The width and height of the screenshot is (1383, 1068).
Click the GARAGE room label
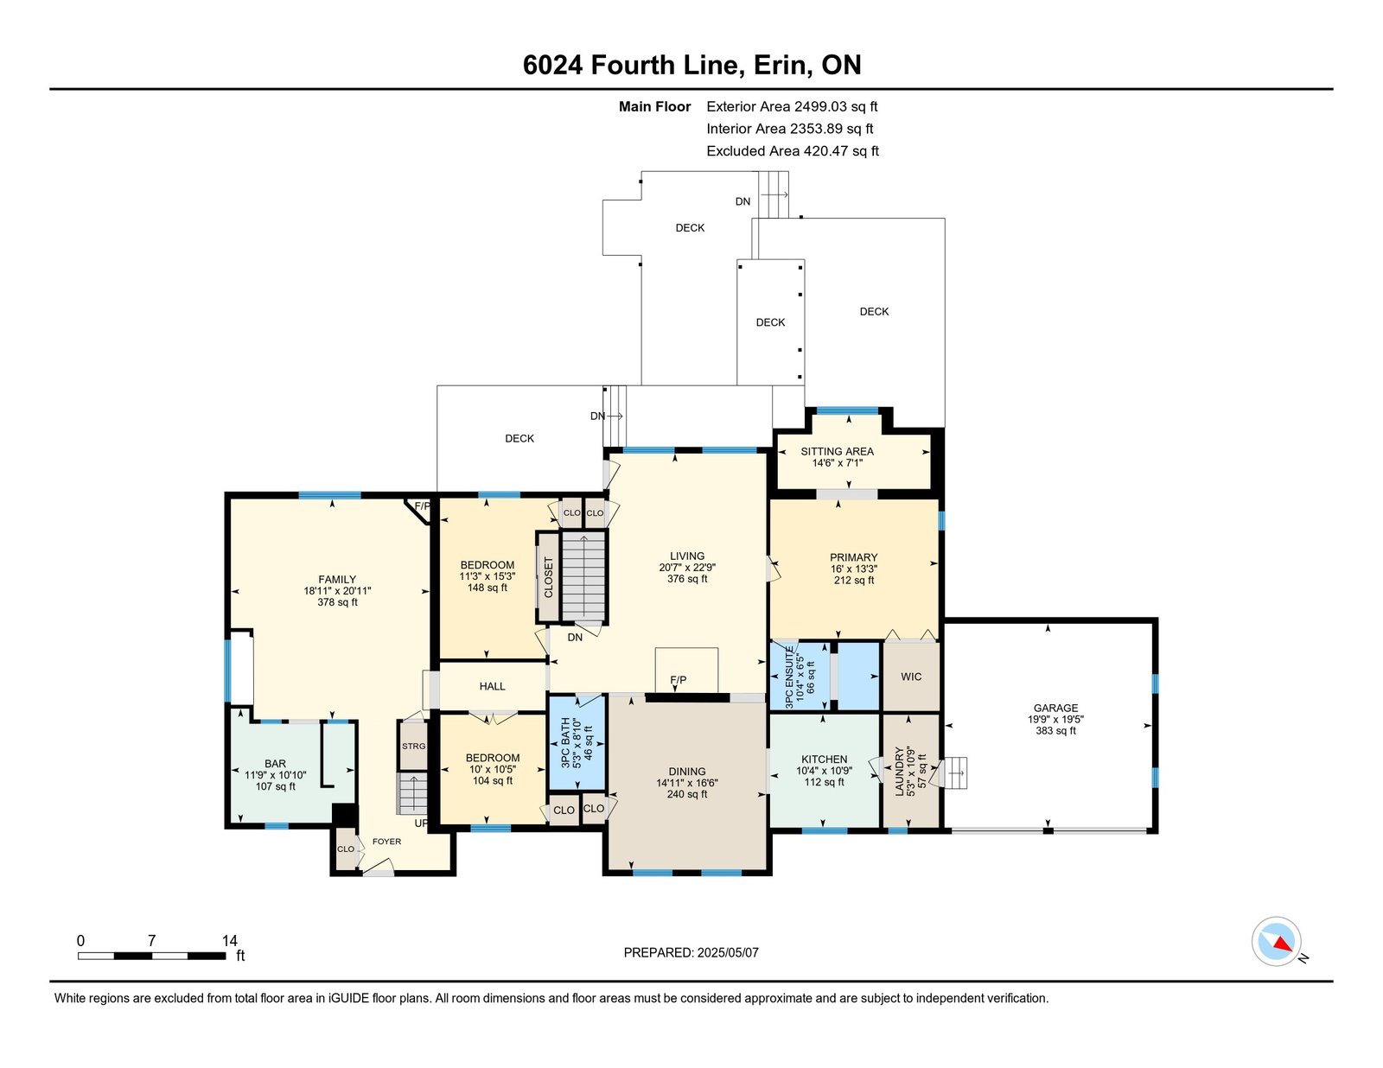pyautogui.click(x=1055, y=708)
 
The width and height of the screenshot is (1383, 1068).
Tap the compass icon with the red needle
pyautogui.click(x=1276, y=942)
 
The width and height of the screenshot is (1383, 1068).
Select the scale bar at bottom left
pyautogui.click(x=151, y=956)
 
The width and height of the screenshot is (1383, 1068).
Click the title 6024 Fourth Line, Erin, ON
pyautogui.click(x=691, y=65)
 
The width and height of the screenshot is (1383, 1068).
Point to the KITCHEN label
pyautogui.click(x=825, y=759)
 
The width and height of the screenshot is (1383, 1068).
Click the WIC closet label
pyautogui.click(x=911, y=677)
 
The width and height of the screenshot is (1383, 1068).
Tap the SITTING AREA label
pyautogui.click(x=837, y=451)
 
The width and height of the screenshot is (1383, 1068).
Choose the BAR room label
pyautogui.click(x=275, y=763)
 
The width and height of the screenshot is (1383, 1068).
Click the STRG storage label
pyautogui.click(x=414, y=747)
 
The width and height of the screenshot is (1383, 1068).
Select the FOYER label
pyautogui.click(x=386, y=841)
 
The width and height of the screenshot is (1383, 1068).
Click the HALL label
pyautogui.click(x=492, y=686)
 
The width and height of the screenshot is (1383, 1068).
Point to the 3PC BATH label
pyautogui.click(x=565, y=743)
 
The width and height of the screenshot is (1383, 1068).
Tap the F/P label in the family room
pyautogui.click(x=422, y=505)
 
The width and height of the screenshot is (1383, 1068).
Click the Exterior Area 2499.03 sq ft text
pyautogui.click(x=792, y=106)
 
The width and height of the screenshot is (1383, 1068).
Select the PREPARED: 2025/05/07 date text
pyautogui.click(x=691, y=952)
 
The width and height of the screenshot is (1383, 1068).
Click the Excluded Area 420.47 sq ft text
pyautogui.click(x=793, y=150)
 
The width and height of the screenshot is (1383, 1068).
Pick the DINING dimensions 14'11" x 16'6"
pyautogui.click(x=686, y=782)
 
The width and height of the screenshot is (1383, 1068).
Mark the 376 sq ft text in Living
pyautogui.click(x=686, y=578)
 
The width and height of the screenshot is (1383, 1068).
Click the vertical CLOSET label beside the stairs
pyautogui.click(x=548, y=577)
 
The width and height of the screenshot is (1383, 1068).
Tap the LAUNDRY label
pyautogui.click(x=899, y=771)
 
